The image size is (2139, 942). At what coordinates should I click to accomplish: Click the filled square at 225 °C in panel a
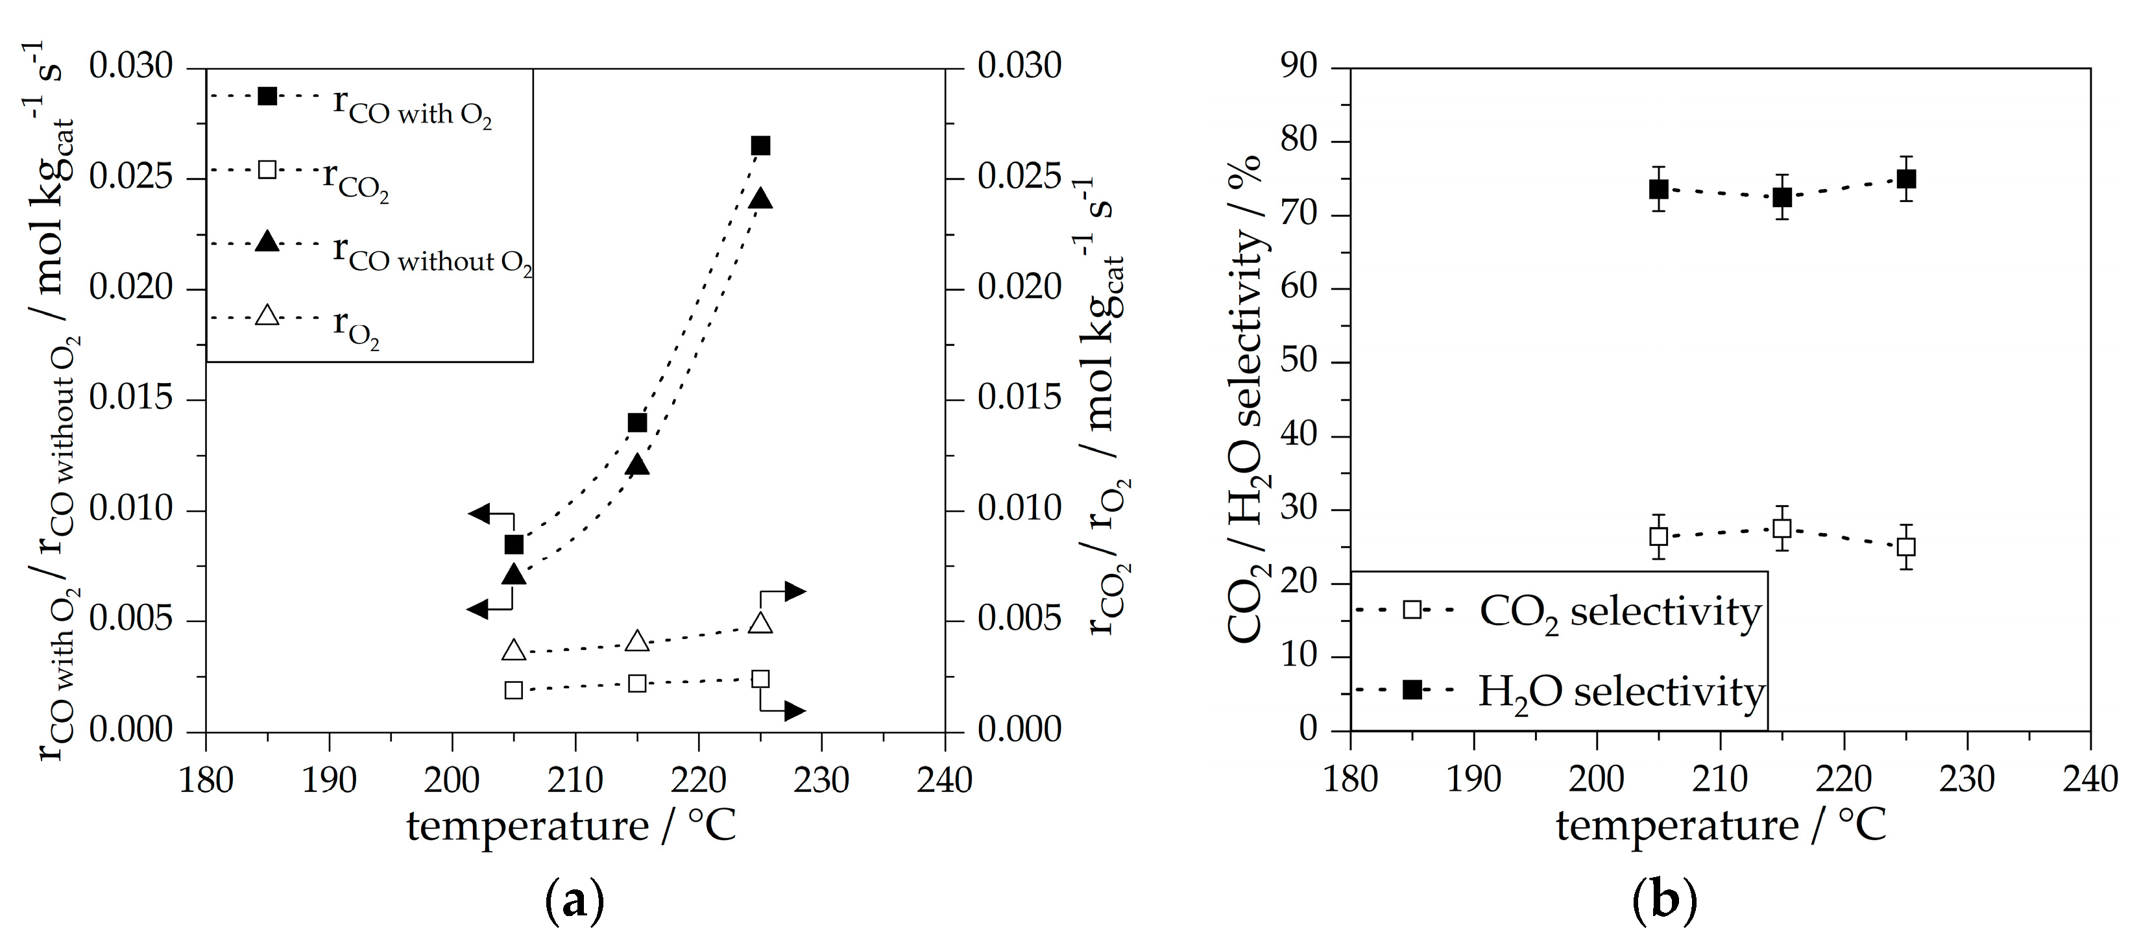(760, 145)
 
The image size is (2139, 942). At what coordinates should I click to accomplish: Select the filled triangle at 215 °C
(637, 464)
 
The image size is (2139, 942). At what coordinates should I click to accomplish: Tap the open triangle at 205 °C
(514, 650)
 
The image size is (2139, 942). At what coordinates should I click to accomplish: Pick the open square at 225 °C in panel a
(760, 678)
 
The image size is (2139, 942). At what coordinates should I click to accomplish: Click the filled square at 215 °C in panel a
(637, 422)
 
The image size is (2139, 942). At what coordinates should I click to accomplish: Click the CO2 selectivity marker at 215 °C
(1781, 528)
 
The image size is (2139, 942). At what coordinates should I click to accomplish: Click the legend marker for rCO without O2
(267, 242)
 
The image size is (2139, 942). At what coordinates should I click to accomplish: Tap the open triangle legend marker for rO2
(267, 316)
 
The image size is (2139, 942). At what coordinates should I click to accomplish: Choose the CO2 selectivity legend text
(1619, 613)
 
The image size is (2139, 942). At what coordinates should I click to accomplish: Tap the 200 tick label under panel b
(1597, 779)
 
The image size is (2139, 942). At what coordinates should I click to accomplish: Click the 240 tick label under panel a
(944, 780)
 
